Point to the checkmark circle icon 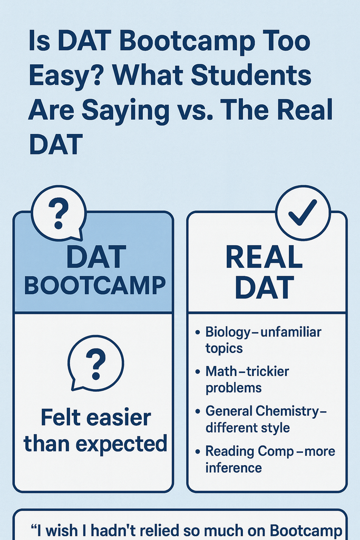tap(303, 213)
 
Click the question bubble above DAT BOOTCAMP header tap(59, 213)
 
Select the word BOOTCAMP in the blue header tap(95, 285)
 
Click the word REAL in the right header tap(264, 257)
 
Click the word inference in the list tap(233, 468)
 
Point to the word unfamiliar tap(291, 332)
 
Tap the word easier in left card tap(119, 418)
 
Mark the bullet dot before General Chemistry tap(198, 411)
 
